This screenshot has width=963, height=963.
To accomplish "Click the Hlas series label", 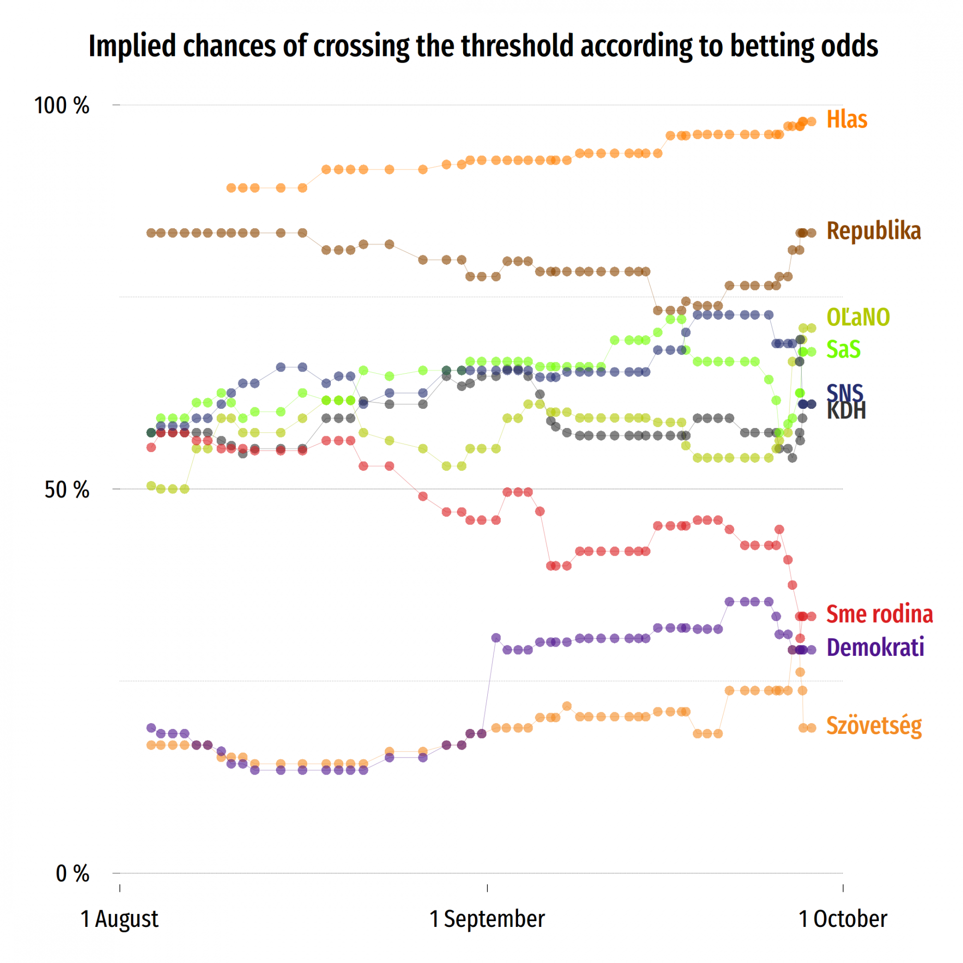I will tap(846, 119).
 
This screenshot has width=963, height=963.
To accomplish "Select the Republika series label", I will tap(873, 231).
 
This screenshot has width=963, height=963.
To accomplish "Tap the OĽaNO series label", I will tap(858, 317).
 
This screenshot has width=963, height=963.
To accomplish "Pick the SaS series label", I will tap(843, 350).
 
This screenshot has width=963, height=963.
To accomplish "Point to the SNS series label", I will tap(845, 393).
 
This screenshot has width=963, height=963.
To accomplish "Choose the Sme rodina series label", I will tap(879, 614).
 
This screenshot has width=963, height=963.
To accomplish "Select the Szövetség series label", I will tap(874, 726).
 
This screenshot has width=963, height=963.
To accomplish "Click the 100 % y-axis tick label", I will tap(62, 105).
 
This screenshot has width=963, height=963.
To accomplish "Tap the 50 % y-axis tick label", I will tap(67, 490).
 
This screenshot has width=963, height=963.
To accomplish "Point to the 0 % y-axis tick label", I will tap(72, 874).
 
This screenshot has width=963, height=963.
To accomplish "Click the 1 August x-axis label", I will tap(119, 919).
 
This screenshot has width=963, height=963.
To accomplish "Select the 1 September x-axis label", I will tap(487, 919).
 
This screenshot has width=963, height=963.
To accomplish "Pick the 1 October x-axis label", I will tap(843, 919).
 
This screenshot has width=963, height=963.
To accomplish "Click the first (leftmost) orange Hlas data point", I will tap(231, 188).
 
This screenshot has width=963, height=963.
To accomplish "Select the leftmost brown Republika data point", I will tap(151, 233).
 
